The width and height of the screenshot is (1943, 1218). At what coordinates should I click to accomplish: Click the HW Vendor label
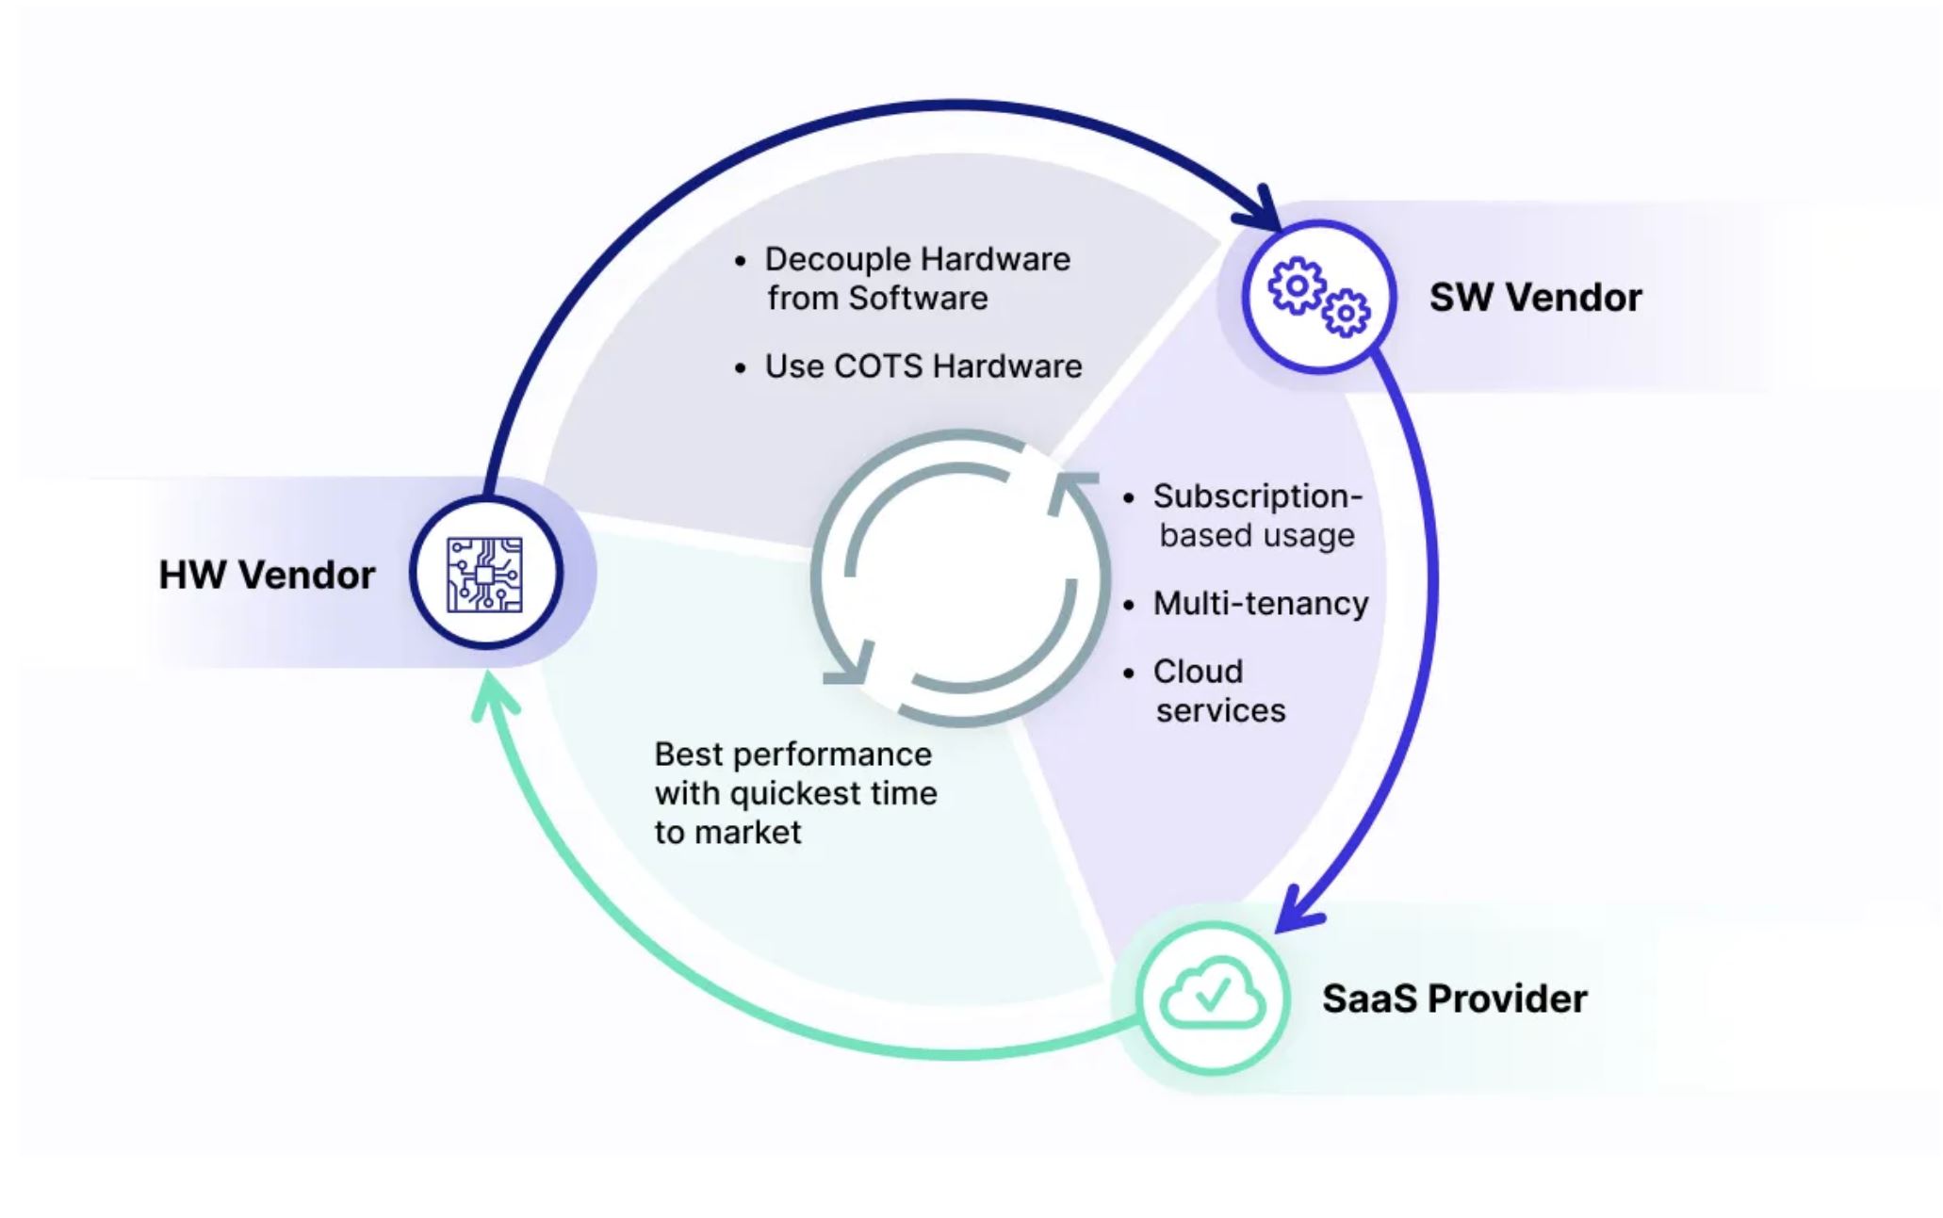point(267,575)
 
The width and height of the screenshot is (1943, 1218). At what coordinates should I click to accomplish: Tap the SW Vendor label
point(1535,298)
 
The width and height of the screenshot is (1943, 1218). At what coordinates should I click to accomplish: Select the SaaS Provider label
point(1454,999)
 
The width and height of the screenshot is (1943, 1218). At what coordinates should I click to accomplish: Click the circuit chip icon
point(485,574)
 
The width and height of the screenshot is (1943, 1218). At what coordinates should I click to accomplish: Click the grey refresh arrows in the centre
point(961,577)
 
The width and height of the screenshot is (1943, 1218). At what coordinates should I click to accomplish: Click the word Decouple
point(838,259)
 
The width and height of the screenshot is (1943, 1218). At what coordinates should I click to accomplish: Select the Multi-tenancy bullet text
point(1261,604)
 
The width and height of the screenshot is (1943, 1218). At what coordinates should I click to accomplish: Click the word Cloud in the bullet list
point(1198,672)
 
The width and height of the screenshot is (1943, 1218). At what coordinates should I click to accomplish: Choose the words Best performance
point(792,755)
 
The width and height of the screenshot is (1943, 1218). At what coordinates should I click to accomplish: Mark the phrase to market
point(727,833)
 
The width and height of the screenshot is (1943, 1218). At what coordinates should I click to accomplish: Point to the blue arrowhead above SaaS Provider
point(1298,912)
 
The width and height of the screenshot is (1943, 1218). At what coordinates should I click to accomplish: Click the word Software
point(918,299)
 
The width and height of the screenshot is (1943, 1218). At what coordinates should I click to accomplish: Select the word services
point(1220,711)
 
